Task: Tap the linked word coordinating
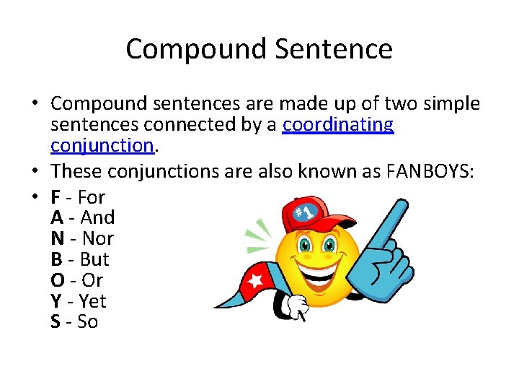tap(338, 125)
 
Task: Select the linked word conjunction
tap(102, 146)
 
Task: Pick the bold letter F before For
tap(56, 196)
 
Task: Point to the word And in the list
tap(98, 217)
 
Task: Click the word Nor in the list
tap(98, 238)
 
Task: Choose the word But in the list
tap(94, 259)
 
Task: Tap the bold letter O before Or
tap(57, 280)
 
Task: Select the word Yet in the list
tap(92, 301)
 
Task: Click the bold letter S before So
tap(56, 322)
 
